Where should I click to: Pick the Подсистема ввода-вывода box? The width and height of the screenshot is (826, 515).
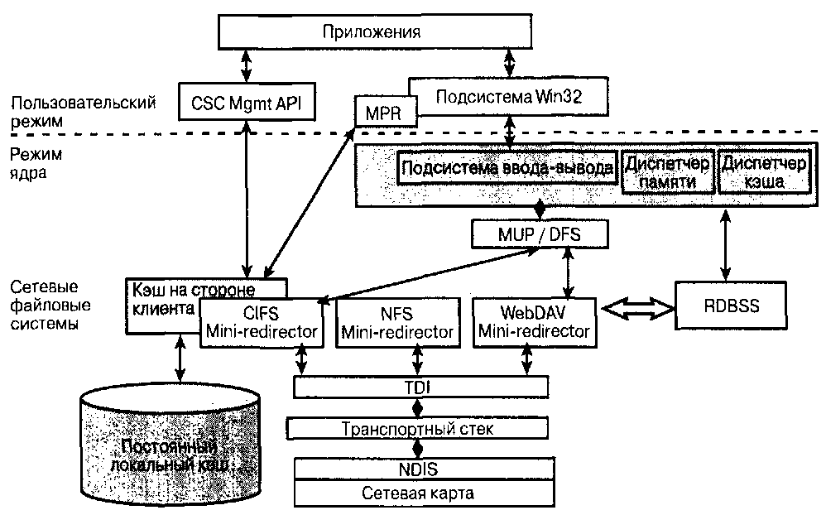point(507,169)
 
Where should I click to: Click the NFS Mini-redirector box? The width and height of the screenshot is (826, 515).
point(398,322)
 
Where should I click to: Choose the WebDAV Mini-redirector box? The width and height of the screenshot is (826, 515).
point(533,322)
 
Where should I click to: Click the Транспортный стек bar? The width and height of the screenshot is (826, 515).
point(418,428)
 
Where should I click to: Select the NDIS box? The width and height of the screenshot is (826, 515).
point(419,469)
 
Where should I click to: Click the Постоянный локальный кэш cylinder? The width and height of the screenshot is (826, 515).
point(172,451)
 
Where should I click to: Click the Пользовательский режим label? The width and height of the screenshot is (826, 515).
point(84,111)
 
